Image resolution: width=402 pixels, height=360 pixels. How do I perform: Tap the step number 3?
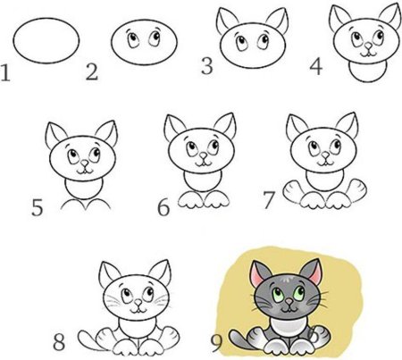(x=207, y=66)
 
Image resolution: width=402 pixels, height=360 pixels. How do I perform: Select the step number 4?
(x=315, y=67)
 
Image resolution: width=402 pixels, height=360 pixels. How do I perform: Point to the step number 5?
(x=37, y=210)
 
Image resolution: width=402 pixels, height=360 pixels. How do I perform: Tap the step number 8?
(x=61, y=340)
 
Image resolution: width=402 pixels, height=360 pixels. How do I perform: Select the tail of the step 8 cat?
(x=87, y=337)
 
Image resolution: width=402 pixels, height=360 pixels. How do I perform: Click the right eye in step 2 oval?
(x=149, y=39)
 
